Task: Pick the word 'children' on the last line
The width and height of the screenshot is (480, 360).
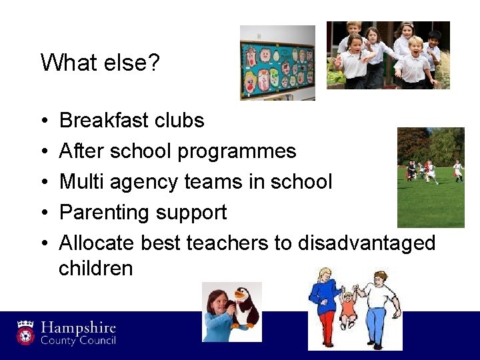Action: point(96,268)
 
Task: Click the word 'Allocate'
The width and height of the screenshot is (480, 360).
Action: point(97,243)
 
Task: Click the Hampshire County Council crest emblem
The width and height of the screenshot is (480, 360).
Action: point(25,332)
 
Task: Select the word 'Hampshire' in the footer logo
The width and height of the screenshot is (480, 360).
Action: point(79,328)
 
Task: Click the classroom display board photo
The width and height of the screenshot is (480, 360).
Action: point(277,63)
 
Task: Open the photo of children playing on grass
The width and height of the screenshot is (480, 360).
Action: point(430,177)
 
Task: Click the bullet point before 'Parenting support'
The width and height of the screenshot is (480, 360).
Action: point(43,213)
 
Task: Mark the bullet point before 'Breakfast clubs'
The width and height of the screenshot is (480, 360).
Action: point(43,121)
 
